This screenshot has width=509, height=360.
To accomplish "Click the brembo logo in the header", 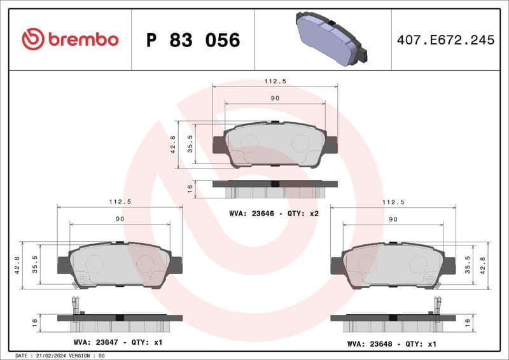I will pyautogui.click(x=70, y=39).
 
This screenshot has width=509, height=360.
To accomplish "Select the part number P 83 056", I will pyautogui.click(x=193, y=40).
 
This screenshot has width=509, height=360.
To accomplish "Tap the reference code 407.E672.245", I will pyautogui.click(x=445, y=40).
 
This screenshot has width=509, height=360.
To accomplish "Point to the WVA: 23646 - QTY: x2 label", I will pyautogui.click(x=274, y=214).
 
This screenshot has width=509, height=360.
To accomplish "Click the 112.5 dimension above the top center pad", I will pyautogui.click(x=275, y=81).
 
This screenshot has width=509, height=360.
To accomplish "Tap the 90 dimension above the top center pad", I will pyautogui.click(x=275, y=98).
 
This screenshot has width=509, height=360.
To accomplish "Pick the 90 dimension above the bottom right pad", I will pyautogui.click(x=393, y=219).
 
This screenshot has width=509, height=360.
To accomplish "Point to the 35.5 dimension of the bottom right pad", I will pyautogui.click(x=468, y=264).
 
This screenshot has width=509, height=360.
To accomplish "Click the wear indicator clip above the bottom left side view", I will pyautogui.click(x=75, y=305).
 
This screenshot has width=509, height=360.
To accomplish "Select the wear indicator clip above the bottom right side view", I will pyautogui.click(x=437, y=305).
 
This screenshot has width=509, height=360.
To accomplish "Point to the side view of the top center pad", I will pyautogui.click(x=274, y=188).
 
